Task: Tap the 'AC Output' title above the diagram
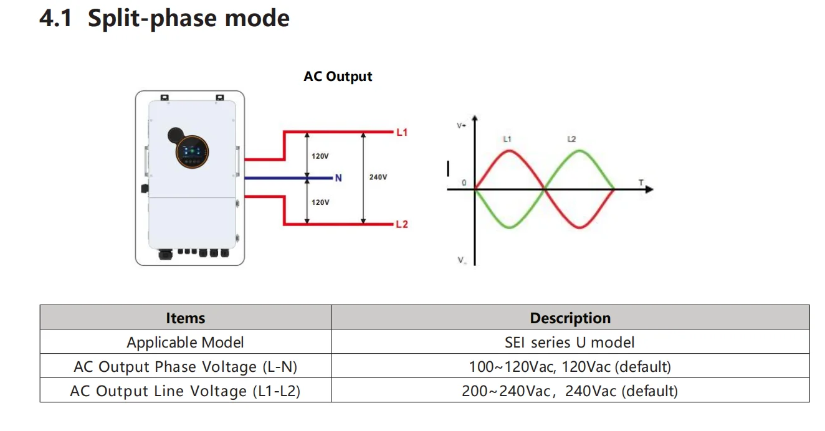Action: point(338,77)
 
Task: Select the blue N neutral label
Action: point(338,178)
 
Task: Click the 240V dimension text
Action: point(378,178)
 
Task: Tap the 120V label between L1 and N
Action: point(320,156)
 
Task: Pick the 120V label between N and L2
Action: point(320,202)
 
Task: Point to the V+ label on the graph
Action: point(462,126)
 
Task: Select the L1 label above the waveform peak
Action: point(507,140)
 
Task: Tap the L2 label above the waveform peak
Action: point(571,140)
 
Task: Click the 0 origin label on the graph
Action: point(464,183)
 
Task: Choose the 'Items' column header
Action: point(185,318)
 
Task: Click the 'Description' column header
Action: point(570,318)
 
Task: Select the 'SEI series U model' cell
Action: point(570,342)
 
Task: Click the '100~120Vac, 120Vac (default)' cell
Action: point(570,367)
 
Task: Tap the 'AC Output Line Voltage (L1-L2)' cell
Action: point(185,391)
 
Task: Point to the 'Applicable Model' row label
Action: point(185,342)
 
